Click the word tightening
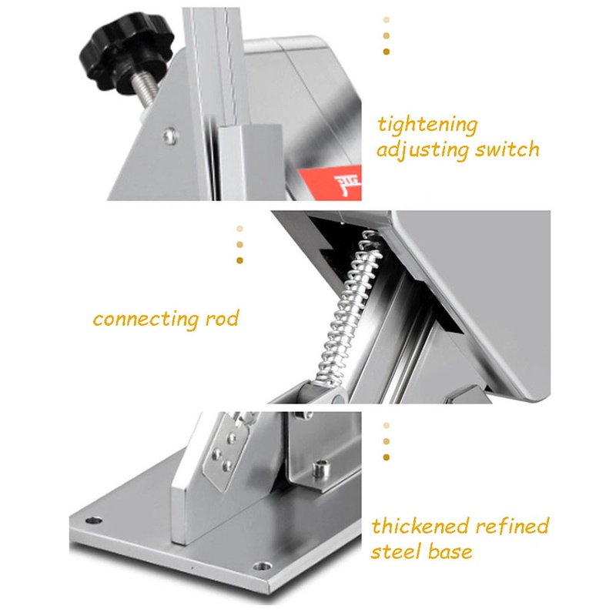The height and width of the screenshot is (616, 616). [427, 126]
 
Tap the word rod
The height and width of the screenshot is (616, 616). [223, 318]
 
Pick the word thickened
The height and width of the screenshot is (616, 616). [420, 526]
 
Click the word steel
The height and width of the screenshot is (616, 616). [396, 551]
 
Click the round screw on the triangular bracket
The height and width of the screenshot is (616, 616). [170, 136]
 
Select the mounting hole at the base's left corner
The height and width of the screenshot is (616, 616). [93, 521]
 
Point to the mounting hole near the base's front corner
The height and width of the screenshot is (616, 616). [262, 566]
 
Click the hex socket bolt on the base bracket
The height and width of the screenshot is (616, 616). [320, 467]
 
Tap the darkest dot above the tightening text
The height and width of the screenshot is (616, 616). [387, 52]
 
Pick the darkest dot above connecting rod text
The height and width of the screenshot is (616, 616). [239, 260]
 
